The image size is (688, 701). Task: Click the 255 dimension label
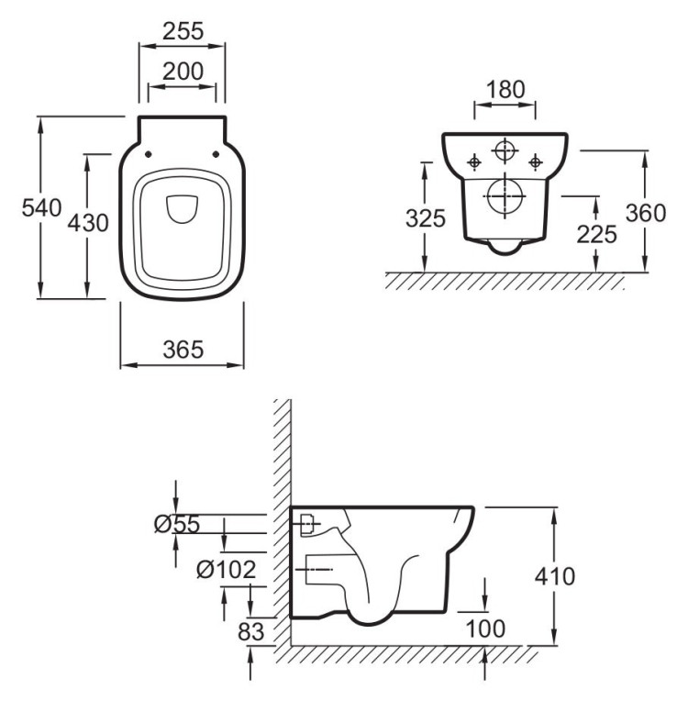tap(183, 30)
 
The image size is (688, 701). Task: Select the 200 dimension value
tap(183, 70)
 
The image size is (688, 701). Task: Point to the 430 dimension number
tap(89, 222)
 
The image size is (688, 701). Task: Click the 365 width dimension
tap(183, 349)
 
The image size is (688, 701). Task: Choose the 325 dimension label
tap(426, 218)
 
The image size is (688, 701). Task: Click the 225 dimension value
tap(596, 234)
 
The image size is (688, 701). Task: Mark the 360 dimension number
tap(645, 212)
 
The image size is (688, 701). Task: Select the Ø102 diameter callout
tap(226, 570)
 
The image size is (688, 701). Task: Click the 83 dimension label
tap(250, 632)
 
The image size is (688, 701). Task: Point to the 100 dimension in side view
tap(484, 629)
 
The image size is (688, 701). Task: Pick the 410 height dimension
tap(555, 576)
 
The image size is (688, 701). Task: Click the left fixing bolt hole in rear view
tap(474, 162)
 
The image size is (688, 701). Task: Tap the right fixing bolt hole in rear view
tap(537, 162)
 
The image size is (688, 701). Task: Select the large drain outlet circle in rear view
tap(505, 196)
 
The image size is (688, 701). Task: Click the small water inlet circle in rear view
tap(505, 152)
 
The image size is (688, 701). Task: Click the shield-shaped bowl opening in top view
tap(183, 210)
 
